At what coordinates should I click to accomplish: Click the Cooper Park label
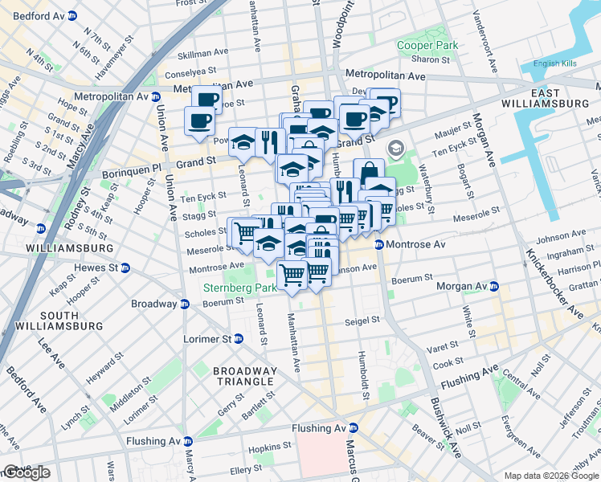click(x=427, y=45)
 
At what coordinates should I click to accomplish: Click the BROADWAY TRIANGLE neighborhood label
click(x=244, y=376)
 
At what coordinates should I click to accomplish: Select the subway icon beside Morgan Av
click(x=494, y=286)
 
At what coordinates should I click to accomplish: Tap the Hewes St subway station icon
click(x=124, y=268)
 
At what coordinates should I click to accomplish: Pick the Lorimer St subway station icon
click(x=262, y=339)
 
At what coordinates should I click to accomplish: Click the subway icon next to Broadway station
click(x=185, y=304)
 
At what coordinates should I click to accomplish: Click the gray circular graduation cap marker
click(x=395, y=149)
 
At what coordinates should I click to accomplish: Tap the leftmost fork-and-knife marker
click(x=270, y=141)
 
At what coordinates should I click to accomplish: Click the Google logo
click(x=26, y=472)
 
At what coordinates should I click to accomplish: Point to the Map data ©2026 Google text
click(x=551, y=476)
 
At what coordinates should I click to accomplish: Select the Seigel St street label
click(x=362, y=320)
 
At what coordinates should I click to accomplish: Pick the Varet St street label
click(x=443, y=347)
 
